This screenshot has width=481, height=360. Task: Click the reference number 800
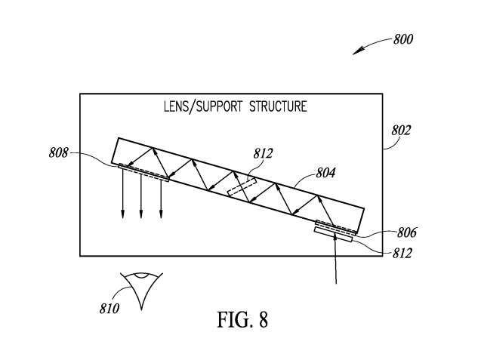tap(402, 39)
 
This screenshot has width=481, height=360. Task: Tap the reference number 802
tap(400, 130)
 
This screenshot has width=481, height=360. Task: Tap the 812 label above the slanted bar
tap(263, 154)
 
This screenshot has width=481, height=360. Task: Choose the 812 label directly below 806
tap(402, 253)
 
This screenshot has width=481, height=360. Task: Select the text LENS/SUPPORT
tap(198, 106)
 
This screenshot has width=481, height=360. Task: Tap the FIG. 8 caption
tap(241, 320)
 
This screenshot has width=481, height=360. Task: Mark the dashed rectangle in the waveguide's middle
tap(242, 187)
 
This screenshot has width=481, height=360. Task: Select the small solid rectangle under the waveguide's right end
tap(334, 234)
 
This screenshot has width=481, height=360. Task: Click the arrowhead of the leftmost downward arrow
tap(122, 217)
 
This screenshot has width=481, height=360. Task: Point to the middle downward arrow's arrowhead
tap(141, 217)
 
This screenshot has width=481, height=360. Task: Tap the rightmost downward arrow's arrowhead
tap(161, 217)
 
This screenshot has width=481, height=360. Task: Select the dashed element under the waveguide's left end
tap(143, 173)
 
